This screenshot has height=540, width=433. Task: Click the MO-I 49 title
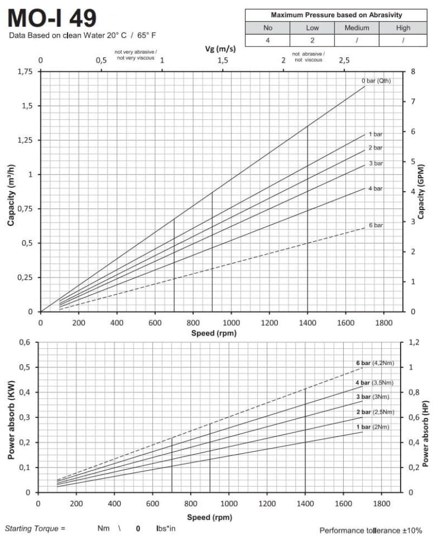(x=52, y=18)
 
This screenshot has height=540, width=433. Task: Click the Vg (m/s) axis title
(x=221, y=49)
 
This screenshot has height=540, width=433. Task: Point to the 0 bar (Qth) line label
(x=376, y=81)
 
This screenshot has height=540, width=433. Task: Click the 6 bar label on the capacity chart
(x=376, y=225)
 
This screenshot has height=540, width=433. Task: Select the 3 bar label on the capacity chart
(x=376, y=163)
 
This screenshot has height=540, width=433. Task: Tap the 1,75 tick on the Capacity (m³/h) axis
(x=25, y=72)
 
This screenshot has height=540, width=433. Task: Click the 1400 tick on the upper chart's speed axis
(x=308, y=322)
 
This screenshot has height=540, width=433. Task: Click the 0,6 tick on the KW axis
(x=25, y=342)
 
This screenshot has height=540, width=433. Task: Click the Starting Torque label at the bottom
(x=35, y=528)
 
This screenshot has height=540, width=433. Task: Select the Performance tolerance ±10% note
(x=371, y=530)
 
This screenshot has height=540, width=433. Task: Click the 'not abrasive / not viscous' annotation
(x=308, y=57)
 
